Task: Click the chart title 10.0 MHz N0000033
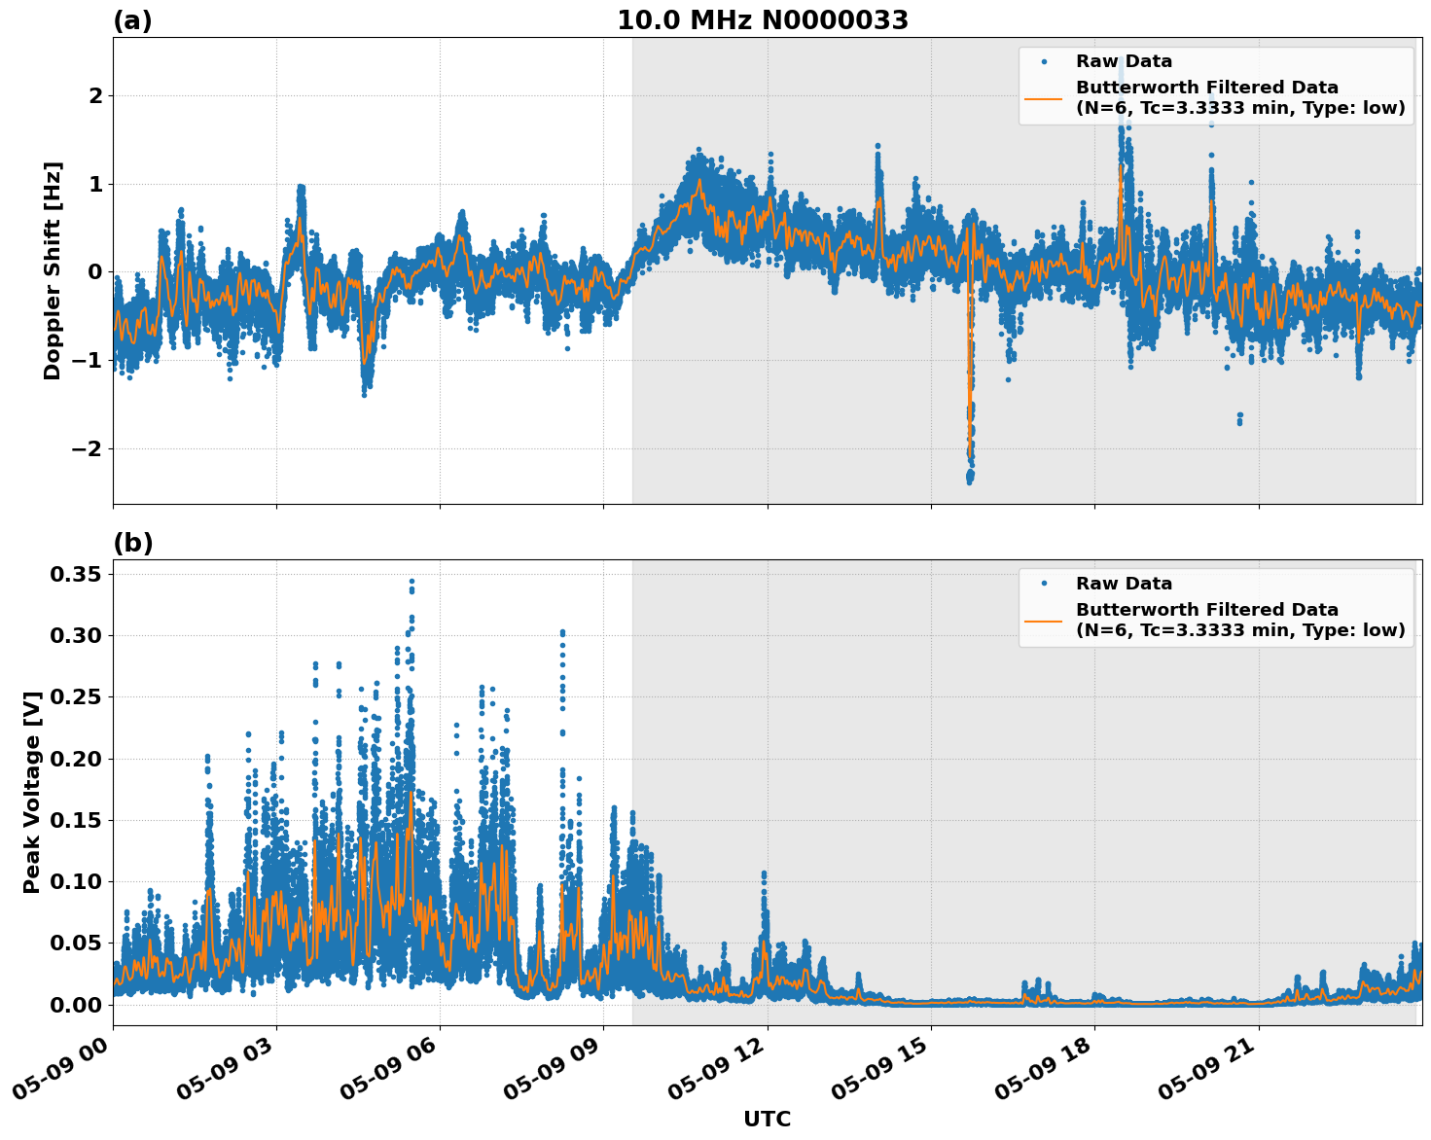pos(762,20)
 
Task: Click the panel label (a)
pos(132,20)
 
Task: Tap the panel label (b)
pos(132,543)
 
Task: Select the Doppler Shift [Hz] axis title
pos(53,270)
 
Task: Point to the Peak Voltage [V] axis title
pos(32,792)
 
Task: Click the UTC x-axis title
pos(767,1119)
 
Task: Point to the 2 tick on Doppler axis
pos(95,95)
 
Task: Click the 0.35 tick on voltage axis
pos(75,574)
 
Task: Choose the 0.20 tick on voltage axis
pos(75,759)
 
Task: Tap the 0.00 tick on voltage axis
pos(75,1004)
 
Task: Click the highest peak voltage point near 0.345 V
pos(411,582)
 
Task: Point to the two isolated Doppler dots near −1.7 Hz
pos(1239,418)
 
